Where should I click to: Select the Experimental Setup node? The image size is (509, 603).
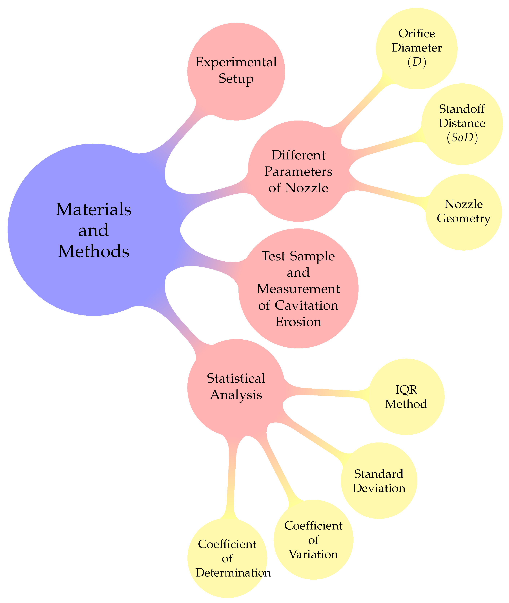pos(236,71)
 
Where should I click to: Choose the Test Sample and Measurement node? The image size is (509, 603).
pos(298,288)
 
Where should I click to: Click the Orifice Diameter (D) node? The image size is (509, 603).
pos(417,48)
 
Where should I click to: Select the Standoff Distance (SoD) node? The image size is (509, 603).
pos(462,124)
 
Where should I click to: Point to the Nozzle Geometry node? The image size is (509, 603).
pos(463,212)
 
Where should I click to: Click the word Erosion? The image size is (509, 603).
pos(298,322)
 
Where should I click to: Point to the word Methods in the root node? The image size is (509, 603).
pos(94,251)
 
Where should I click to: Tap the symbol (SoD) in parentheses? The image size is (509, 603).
pos(462,138)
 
